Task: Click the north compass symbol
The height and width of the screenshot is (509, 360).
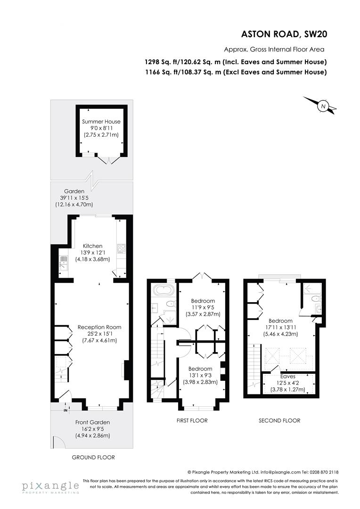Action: tap(323, 106)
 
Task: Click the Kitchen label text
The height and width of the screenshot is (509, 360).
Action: tap(93, 246)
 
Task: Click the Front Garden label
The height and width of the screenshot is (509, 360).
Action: tap(93, 422)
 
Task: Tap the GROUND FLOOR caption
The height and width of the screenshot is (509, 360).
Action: tap(93, 457)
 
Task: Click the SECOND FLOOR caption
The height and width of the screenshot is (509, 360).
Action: tap(279, 420)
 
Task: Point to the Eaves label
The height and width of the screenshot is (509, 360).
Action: tap(287, 377)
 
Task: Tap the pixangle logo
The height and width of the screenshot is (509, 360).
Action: tap(49, 486)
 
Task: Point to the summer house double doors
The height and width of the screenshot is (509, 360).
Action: tap(109, 161)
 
